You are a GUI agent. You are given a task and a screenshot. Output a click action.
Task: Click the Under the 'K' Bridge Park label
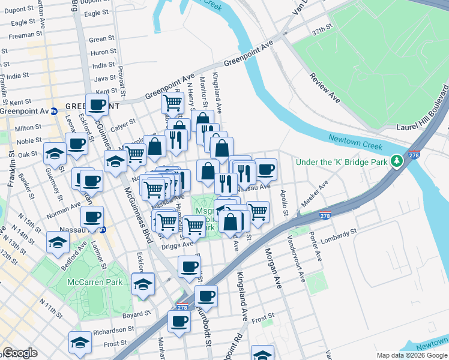point(341,161)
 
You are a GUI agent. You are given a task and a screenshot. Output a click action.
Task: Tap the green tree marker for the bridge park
point(396,161)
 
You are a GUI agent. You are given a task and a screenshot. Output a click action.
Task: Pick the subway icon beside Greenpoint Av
point(53,111)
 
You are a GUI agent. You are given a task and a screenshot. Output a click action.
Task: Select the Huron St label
point(103,52)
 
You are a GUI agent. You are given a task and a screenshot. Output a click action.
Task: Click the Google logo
point(20,353)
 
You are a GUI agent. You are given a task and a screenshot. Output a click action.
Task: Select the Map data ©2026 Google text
point(412,355)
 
